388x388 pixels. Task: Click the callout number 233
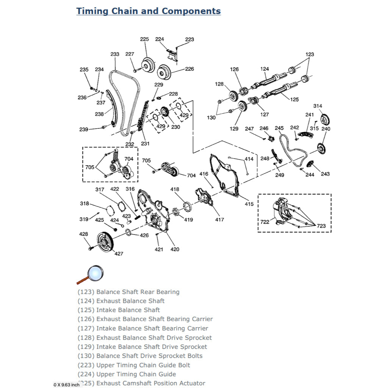[x=115, y=54]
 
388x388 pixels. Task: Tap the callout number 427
[x=119, y=253]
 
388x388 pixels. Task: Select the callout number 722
[x=264, y=222]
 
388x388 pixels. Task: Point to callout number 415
[x=249, y=204]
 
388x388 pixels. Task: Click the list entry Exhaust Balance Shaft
[x=130, y=301]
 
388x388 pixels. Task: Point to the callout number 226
[x=189, y=69]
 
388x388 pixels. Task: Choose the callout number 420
[x=175, y=249]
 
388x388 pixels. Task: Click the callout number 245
[x=279, y=128]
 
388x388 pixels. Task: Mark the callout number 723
[x=321, y=226]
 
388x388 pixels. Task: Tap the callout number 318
[x=84, y=203]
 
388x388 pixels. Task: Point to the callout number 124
[x=264, y=69]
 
